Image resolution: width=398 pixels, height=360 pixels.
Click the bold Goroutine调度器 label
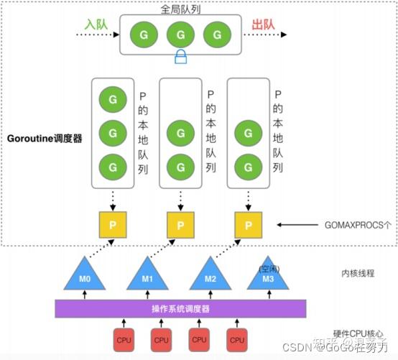pyautogui.click(x=42, y=138)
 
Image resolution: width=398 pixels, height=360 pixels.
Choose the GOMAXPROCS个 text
pyautogui.click(x=356, y=225)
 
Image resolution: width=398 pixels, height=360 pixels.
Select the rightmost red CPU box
pyautogui.click(x=234, y=339)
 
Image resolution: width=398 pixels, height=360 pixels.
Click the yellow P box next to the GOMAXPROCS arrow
pyautogui.click(x=248, y=225)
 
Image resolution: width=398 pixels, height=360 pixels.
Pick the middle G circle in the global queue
pyautogui.click(x=180, y=34)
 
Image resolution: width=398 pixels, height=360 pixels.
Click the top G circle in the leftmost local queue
pyautogui.click(x=111, y=96)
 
